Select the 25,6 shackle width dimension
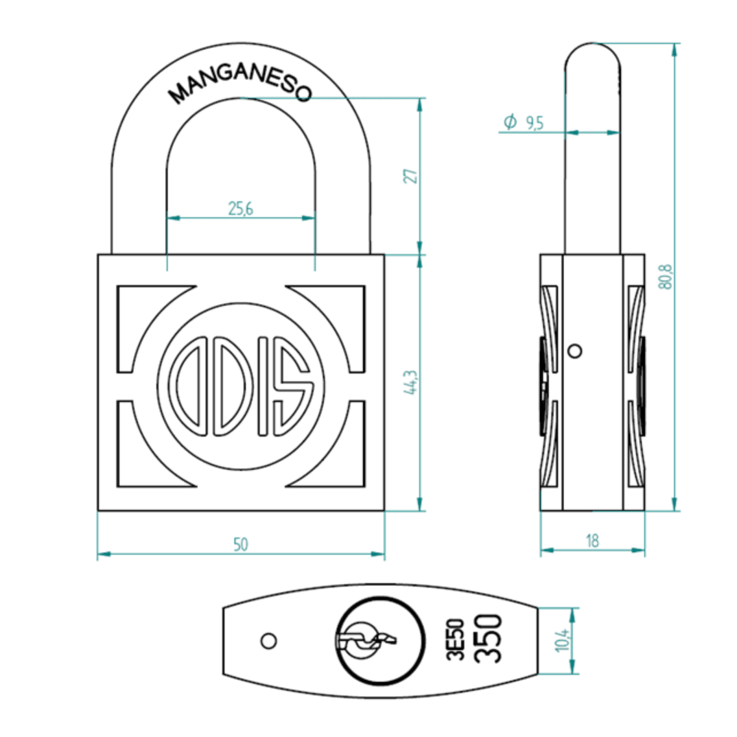[241, 209]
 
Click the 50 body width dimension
[241, 544]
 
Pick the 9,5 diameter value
[534, 123]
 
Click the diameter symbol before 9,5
[510, 122]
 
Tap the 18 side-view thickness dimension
[592, 540]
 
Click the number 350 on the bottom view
[489, 639]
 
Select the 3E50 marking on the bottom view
[455, 639]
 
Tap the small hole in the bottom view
[268, 641]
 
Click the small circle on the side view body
[575, 351]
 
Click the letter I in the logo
[263, 386]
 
